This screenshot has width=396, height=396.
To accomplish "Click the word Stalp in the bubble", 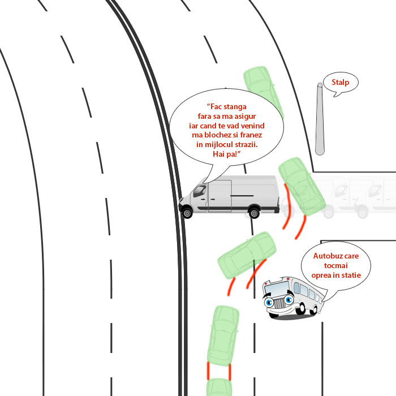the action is pyautogui.click(x=340, y=83).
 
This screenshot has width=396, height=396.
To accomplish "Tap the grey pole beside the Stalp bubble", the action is pyautogui.click(x=320, y=119).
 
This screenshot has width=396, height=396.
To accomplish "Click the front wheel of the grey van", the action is pyautogui.click(x=187, y=213).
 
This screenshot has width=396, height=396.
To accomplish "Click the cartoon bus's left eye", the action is pyautogui.click(x=269, y=302).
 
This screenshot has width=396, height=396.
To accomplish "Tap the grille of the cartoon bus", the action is pyautogui.click(x=279, y=303).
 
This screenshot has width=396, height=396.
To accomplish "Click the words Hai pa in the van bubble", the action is pyautogui.click(x=226, y=154).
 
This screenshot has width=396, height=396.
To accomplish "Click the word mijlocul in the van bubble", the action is pyautogui.click(x=219, y=144).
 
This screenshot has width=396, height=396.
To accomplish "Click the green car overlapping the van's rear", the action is pyautogui.click(x=302, y=186).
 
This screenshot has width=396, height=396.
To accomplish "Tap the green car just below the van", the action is pyautogui.click(x=247, y=255).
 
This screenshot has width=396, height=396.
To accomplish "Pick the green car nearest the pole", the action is pyautogui.click(x=262, y=91).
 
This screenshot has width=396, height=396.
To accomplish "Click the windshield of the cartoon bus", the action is pyautogui.click(x=277, y=288).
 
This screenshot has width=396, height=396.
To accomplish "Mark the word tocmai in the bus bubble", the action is pyautogui.click(x=336, y=265).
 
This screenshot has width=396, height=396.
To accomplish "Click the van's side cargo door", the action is pyautogui.click(x=219, y=196).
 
